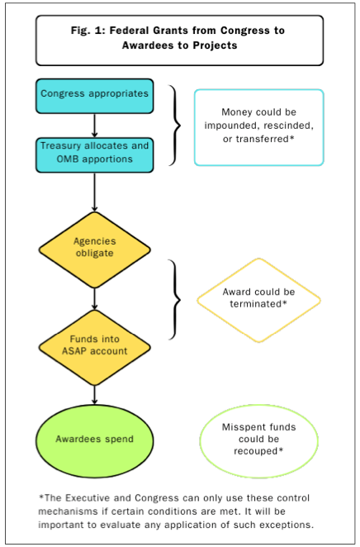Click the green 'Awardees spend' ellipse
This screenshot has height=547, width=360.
(93, 439)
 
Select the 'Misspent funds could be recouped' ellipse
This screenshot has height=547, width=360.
(258, 439)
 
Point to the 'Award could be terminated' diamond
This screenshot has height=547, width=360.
(258, 298)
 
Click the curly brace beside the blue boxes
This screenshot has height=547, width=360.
(175, 124)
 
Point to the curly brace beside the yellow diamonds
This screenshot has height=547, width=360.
(175, 297)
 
